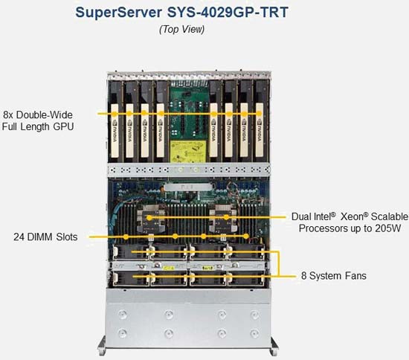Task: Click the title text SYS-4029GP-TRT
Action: click(x=228, y=12)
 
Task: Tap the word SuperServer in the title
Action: click(x=119, y=13)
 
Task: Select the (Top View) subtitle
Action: click(x=181, y=29)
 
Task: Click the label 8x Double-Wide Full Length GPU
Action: click(x=38, y=120)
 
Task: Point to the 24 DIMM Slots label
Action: click(x=45, y=237)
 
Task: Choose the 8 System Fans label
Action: click(x=334, y=276)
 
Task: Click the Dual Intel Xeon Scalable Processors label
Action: click(x=350, y=222)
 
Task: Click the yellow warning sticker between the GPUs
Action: click(x=186, y=152)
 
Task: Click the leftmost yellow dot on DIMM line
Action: click(x=126, y=237)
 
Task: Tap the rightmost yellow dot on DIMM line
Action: click(x=246, y=237)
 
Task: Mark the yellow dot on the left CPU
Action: click(x=149, y=218)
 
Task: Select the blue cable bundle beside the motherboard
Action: click(x=115, y=214)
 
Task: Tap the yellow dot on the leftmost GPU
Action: click(x=115, y=114)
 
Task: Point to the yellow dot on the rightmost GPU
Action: click(x=259, y=114)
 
